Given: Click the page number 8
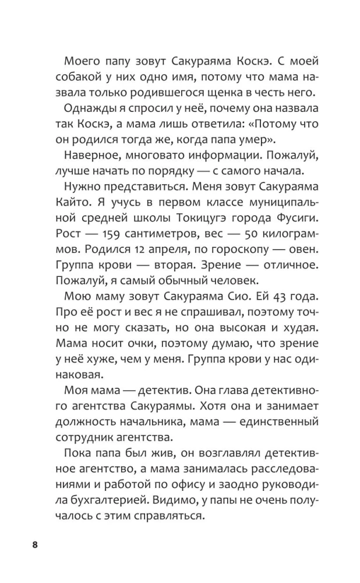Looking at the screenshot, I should pyautogui.click(x=35, y=545).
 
